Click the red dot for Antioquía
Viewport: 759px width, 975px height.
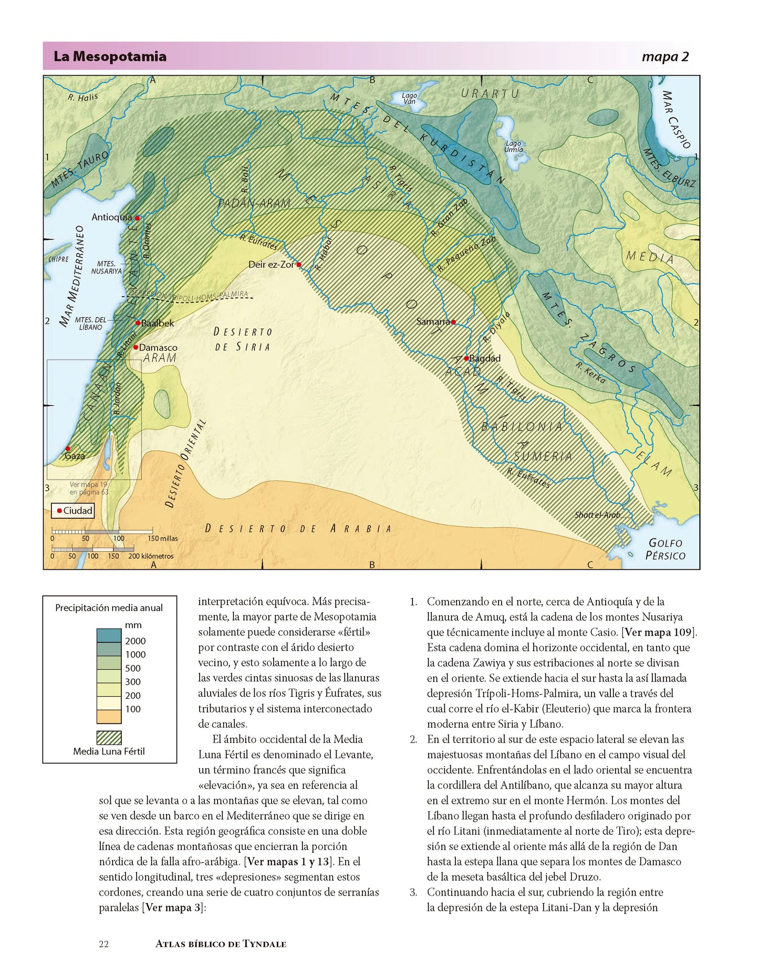(x=137, y=218)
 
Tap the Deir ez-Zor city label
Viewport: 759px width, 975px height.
(x=271, y=265)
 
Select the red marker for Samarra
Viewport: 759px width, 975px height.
(x=453, y=322)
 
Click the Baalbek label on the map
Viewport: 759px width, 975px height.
(x=158, y=323)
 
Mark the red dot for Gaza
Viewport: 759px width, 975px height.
(x=68, y=449)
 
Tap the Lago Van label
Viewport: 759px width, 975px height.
(x=409, y=98)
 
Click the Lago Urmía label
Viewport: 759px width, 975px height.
(x=513, y=146)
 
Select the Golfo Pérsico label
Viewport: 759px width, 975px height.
(x=665, y=549)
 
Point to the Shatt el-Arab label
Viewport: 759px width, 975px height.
(x=597, y=515)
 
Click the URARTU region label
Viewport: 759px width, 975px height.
(x=490, y=93)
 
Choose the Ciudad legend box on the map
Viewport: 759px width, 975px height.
(x=73, y=511)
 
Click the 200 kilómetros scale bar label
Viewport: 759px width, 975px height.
(x=151, y=556)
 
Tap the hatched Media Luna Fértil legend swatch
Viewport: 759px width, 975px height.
(x=109, y=738)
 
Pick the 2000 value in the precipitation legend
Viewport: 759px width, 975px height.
(x=135, y=641)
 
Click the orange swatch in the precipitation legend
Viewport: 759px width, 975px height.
(x=109, y=717)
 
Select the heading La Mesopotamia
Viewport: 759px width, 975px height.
(x=110, y=57)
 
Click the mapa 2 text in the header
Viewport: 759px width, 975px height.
(x=665, y=57)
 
